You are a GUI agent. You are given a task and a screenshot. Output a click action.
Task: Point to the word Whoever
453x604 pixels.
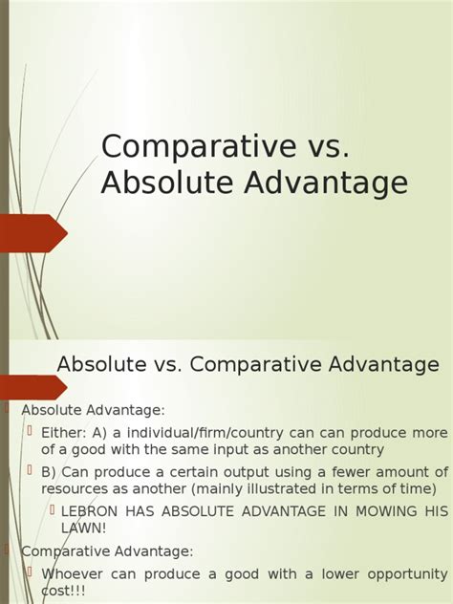[74, 574]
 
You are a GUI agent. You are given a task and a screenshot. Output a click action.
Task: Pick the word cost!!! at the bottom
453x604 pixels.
[64, 593]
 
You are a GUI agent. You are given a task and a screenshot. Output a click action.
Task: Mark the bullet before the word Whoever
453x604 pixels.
[30, 572]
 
